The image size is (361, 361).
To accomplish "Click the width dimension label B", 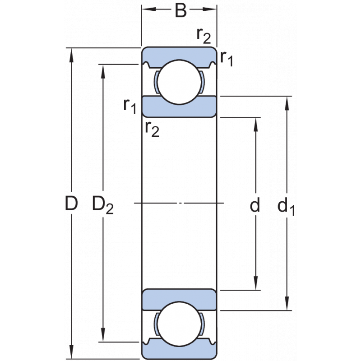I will tap(180, 11).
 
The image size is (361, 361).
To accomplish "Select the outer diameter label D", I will tap(71, 204).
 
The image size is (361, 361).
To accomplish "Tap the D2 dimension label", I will tap(102, 205).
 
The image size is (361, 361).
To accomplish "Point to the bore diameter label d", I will tap(255, 206).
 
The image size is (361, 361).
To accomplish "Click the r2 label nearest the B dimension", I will tap(204, 35).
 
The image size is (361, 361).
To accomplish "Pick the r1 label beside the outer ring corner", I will tap(227, 58).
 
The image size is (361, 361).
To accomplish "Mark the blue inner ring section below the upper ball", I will tap(179, 106).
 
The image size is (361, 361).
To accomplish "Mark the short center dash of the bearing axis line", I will tap(180, 204).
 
